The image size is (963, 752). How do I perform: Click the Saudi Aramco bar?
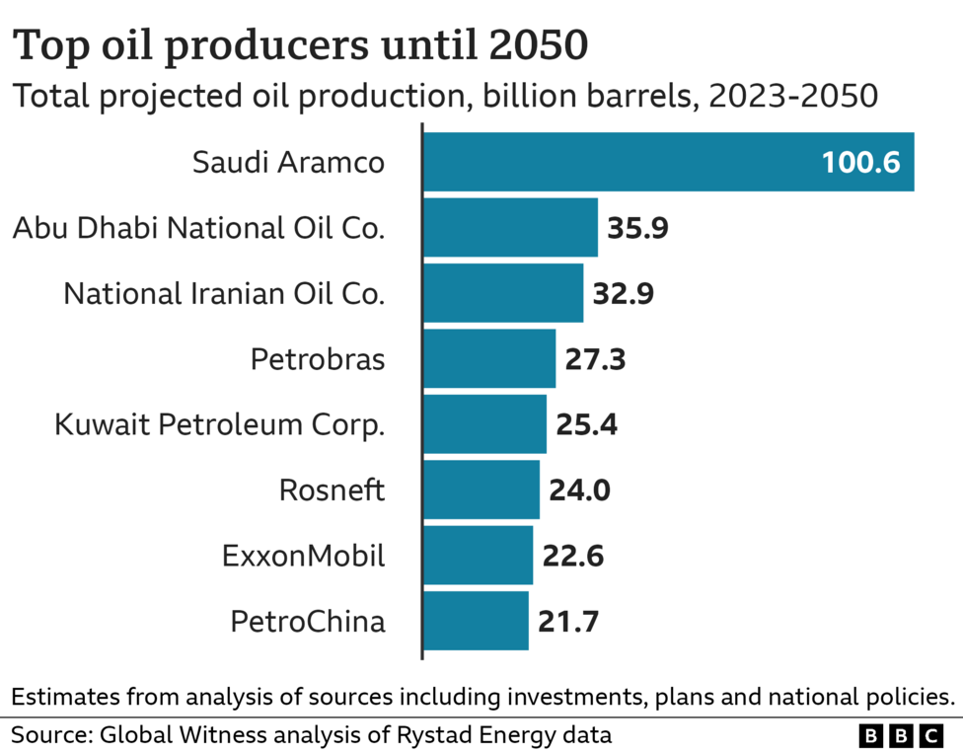(668, 162)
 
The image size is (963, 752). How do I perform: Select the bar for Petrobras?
(489, 359)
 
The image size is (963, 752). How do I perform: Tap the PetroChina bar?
(476, 622)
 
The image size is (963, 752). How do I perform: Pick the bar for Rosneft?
(481, 490)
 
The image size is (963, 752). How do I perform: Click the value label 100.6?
(860, 163)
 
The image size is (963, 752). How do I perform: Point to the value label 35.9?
(638, 228)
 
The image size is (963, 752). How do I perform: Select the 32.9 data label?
(623, 294)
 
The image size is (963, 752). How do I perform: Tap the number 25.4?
(586, 425)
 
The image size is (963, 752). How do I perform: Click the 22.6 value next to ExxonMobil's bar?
(572, 557)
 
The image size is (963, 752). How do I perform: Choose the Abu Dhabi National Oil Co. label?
(198, 228)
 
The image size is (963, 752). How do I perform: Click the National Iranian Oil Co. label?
(224, 294)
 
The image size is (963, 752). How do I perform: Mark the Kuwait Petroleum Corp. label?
(219, 425)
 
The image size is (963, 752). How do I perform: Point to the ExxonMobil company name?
(304, 557)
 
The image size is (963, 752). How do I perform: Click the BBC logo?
(902, 735)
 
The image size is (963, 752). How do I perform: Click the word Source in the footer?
(49, 735)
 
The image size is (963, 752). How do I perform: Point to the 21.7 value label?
(568, 622)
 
